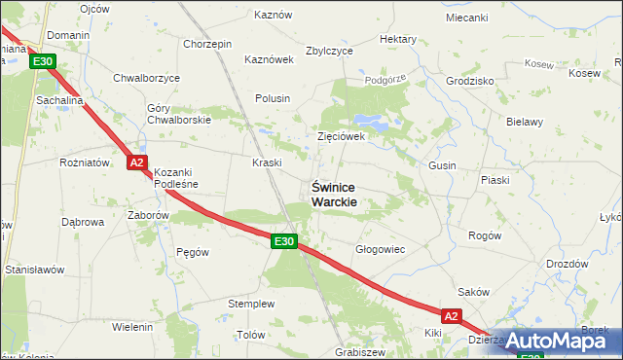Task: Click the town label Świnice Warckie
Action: [x=334, y=194]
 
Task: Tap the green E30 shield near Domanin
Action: [x=42, y=61]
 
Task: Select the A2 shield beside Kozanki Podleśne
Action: [x=137, y=163]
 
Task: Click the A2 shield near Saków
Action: [x=450, y=316]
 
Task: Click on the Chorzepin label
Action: [x=206, y=44]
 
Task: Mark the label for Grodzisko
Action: [x=470, y=81]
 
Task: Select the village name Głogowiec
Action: [x=380, y=249]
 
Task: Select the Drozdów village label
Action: [x=567, y=264]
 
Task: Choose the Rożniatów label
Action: [x=84, y=162]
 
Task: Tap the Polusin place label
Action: [x=273, y=98]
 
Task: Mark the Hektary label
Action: [x=398, y=39]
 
